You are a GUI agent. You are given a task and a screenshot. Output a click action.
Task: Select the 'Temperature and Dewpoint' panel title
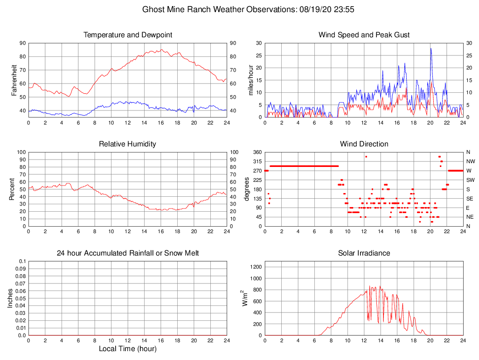tap(128, 35)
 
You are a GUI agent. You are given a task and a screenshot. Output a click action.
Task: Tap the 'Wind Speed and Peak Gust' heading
tap(364, 35)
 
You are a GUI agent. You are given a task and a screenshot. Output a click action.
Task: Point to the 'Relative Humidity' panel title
tap(128, 144)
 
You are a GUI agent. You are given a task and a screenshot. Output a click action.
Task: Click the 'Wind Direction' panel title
tap(364, 144)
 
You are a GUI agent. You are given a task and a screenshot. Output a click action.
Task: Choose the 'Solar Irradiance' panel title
tap(364, 253)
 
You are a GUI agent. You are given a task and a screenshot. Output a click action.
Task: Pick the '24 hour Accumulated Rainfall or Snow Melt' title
tap(128, 253)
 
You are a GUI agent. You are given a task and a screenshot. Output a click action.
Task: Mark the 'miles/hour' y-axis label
tap(251, 80)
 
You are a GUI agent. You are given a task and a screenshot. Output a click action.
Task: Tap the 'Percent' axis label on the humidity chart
tap(12, 189)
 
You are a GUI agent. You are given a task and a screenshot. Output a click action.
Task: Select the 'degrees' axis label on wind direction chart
tap(247, 189)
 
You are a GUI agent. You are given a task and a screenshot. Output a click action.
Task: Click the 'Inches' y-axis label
tap(10, 298)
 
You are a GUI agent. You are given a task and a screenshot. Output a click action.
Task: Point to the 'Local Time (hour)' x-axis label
tap(128, 349)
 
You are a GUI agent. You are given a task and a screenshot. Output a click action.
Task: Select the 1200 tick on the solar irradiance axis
tap(256, 267)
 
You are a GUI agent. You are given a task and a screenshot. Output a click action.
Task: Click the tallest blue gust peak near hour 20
tap(431, 48)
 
